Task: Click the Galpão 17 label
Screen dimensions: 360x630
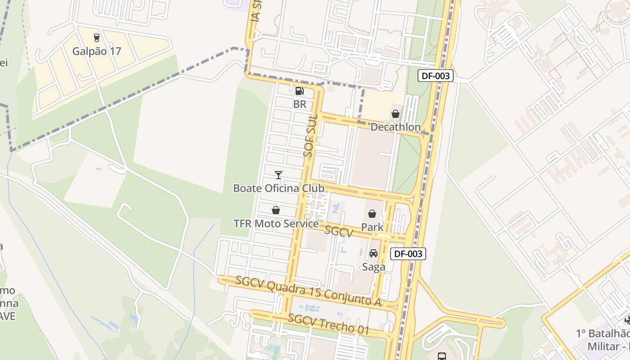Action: (97, 51)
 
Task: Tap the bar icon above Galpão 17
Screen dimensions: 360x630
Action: (96, 38)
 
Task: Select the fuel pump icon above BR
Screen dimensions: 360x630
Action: (299, 91)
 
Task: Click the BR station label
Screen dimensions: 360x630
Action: (300, 104)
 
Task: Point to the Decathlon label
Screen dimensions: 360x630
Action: (395, 127)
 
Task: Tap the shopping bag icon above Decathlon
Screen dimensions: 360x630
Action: (395, 114)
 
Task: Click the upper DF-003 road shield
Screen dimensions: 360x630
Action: (436, 76)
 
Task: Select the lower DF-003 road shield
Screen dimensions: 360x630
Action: (408, 254)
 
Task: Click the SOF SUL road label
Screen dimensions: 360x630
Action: (311, 135)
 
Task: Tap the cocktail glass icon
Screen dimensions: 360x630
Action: (279, 175)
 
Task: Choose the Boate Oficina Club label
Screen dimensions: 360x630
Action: (279, 188)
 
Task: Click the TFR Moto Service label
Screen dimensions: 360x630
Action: (276, 224)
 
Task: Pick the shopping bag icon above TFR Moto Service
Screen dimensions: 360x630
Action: (276, 211)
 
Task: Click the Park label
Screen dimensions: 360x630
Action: (372, 227)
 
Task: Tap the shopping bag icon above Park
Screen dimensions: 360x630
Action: (372, 214)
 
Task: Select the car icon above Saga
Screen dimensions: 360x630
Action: (373, 254)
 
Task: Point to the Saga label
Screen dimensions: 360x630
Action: (373, 267)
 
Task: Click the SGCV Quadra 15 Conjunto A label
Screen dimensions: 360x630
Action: (308, 292)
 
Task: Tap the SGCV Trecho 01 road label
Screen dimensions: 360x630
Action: (328, 324)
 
